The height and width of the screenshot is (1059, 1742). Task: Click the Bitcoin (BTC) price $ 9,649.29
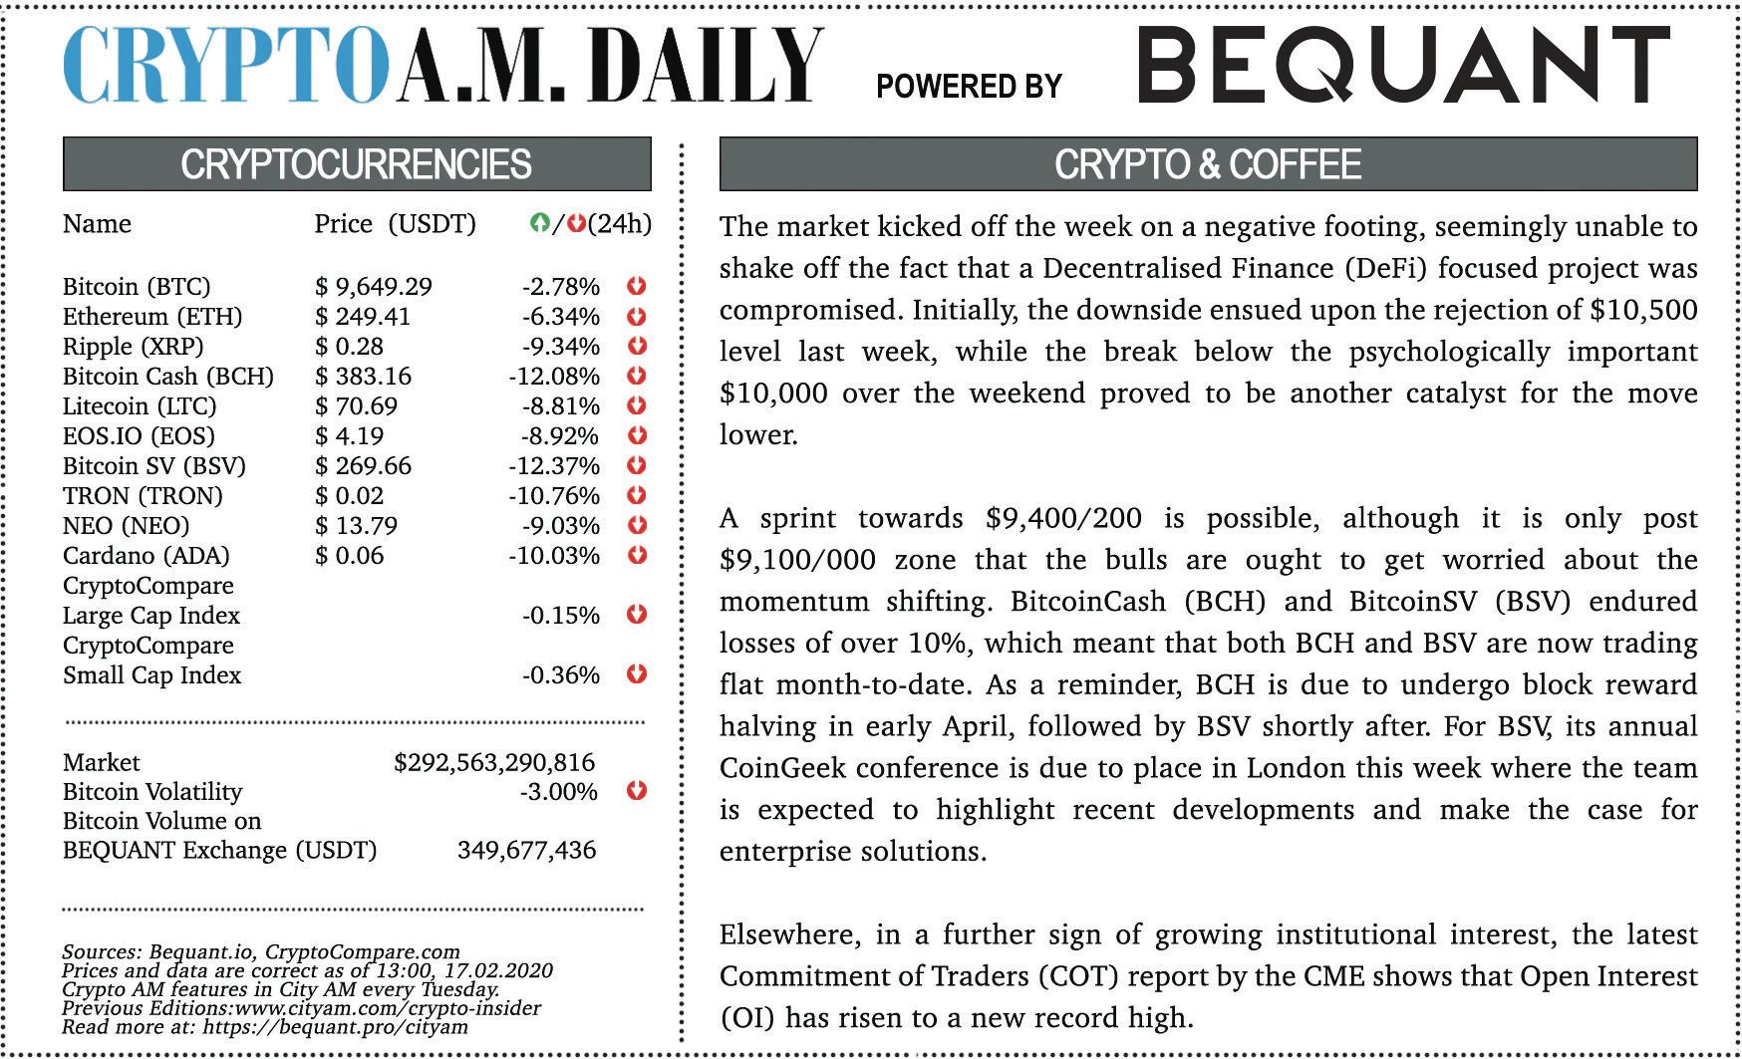(x=374, y=287)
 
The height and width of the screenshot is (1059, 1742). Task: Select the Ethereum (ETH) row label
(x=152, y=317)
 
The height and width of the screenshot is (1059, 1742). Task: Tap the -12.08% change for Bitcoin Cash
(x=554, y=377)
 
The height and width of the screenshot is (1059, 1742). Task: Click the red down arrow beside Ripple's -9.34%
(x=637, y=346)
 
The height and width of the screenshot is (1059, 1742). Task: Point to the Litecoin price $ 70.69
(x=357, y=406)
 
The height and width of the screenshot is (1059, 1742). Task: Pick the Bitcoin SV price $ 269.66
(x=364, y=466)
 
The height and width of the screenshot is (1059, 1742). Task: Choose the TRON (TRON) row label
(x=143, y=496)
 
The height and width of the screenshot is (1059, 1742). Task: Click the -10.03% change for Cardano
(x=554, y=556)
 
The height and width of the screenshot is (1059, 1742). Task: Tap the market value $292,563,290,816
(x=494, y=763)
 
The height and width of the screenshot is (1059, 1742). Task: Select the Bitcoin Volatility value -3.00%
(x=558, y=792)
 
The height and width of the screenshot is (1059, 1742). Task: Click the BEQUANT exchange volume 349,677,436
(x=526, y=850)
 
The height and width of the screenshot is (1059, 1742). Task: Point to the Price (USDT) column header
(x=395, y=224)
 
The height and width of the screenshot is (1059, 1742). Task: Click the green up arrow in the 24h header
(x=539, y=224)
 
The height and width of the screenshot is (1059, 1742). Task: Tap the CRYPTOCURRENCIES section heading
(x=356, y=164)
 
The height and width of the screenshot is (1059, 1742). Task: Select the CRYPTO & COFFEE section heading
(x=1208, y=164)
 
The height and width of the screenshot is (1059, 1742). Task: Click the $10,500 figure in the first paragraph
(x=1643, y=310)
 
